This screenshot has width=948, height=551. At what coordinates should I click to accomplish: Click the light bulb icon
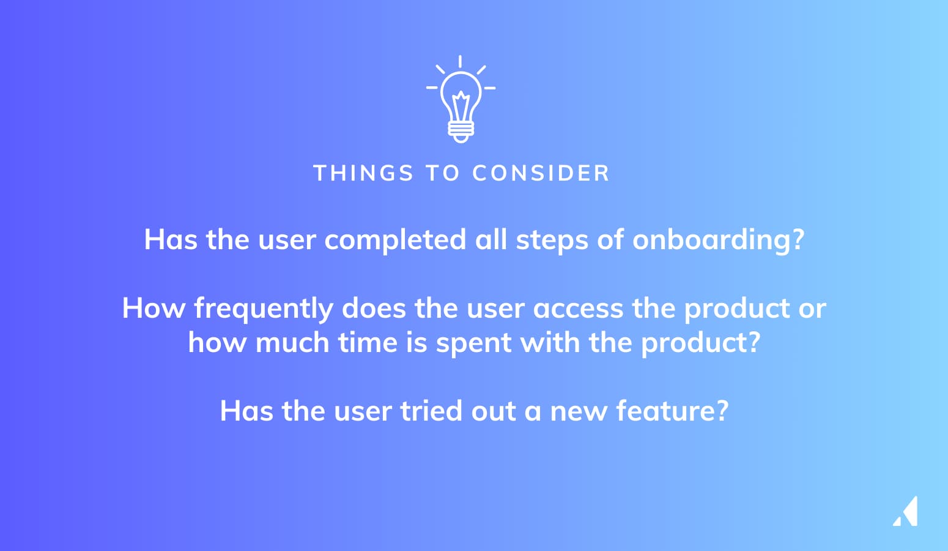tap(461, 100)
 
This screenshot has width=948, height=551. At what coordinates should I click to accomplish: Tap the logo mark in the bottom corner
tap(906, 511)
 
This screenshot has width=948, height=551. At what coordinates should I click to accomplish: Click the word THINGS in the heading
tap(363, 173)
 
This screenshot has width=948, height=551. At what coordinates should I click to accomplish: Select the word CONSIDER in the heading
tap(541, 173)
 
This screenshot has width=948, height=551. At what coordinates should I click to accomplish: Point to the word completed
tap(395, 241)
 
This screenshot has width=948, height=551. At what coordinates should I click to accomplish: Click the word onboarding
tap(718, 241)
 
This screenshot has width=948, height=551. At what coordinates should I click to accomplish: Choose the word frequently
tap(264, 309)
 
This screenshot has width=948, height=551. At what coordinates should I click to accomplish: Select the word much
tap(292, 342)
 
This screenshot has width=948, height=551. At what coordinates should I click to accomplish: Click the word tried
tap(431, 411)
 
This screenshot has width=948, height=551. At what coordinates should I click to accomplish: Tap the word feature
tap(673, 411)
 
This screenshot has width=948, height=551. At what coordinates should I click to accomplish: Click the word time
tap(368, 342)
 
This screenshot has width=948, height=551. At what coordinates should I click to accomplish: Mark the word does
tap(374, 308)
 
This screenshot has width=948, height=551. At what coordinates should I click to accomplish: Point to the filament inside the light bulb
tap(461, 106)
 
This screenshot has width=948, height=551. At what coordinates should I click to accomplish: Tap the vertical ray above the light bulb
tap(460, 61)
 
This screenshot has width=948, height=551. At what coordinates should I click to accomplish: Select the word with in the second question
tap(550, 342)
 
